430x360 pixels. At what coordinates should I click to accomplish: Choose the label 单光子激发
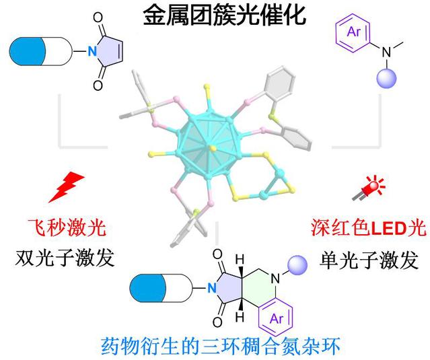tap(369, 256)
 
